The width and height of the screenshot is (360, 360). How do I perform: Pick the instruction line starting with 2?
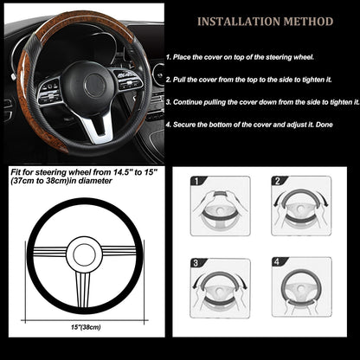point(260,78)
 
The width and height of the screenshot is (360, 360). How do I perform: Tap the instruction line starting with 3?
point(260,102)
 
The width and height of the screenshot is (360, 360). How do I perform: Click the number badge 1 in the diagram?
point(196,183)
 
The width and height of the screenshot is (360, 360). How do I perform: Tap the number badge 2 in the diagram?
point(278,183)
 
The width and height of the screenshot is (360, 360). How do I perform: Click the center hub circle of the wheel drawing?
point(83,254)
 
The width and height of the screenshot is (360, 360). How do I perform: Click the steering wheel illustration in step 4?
point(302,291)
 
